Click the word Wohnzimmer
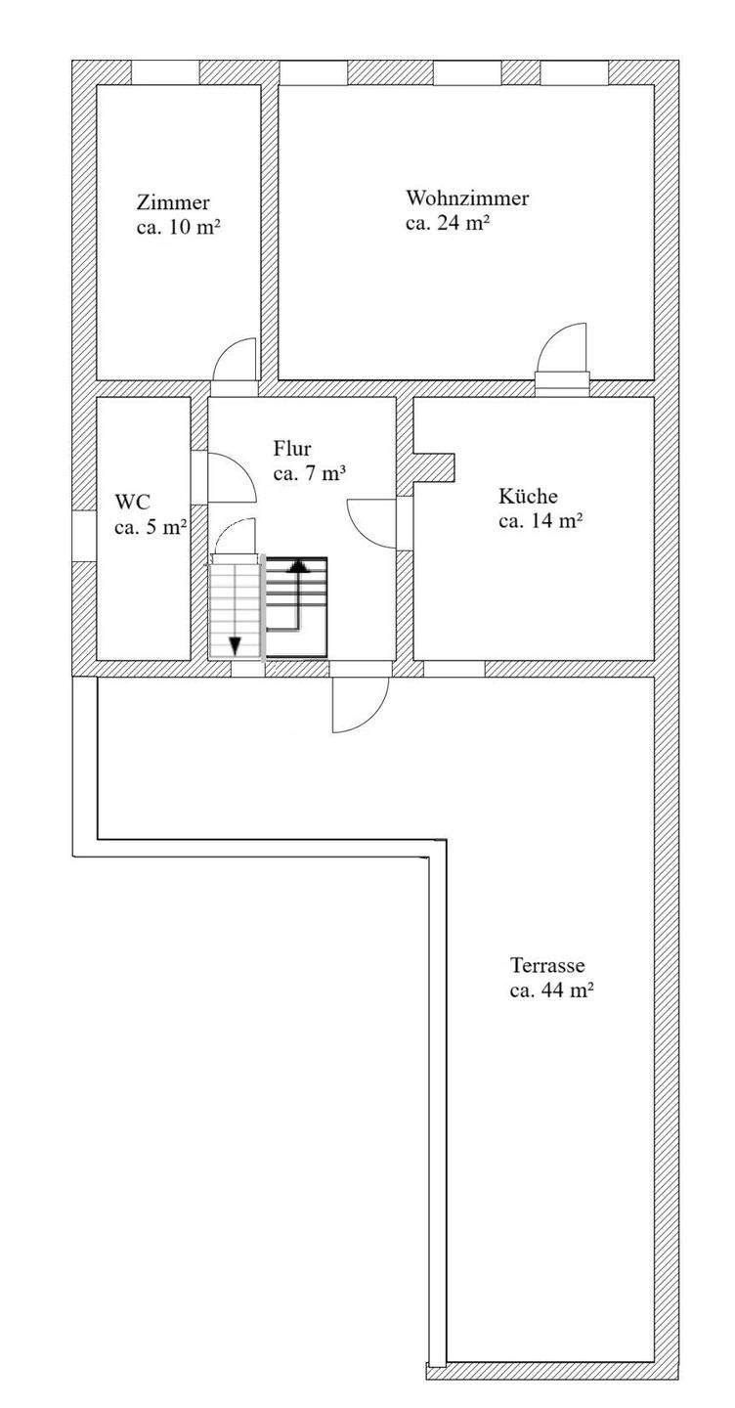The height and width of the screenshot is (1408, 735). tap(467, 198)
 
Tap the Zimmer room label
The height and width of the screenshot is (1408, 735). tap(173, 203)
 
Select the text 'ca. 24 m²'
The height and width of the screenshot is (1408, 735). tap(447, 223)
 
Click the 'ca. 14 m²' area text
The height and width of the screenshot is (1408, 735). tap(540, 521)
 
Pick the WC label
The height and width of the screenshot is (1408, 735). tap(132, 503)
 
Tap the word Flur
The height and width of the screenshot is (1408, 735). tap(292, 450)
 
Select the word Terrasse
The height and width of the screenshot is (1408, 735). tap(547, 966)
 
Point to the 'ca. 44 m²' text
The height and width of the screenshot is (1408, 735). tap(552, 990)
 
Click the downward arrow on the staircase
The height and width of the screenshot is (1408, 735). tap(236, 644)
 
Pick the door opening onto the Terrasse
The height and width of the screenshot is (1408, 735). tap(359, 704)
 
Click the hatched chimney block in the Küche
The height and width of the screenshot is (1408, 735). tap(435, 466)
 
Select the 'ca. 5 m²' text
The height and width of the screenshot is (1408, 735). tap(151, 528)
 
